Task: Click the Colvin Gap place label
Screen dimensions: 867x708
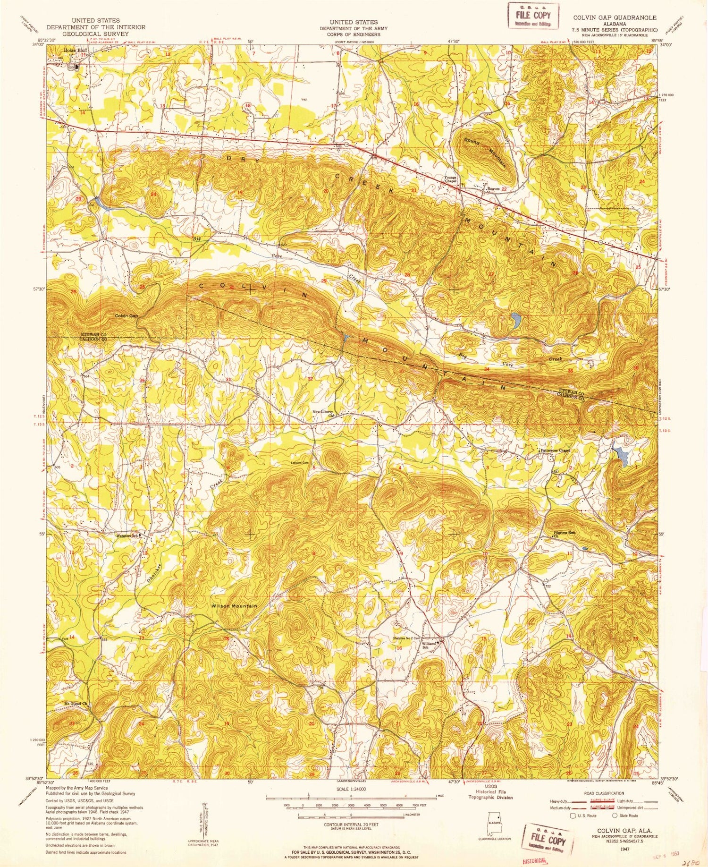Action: pos(126,315)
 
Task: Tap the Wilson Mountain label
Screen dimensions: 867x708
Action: pos(234,606)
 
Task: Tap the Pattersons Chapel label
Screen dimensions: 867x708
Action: pos(555,450)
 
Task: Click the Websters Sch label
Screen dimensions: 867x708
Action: pos(127,535)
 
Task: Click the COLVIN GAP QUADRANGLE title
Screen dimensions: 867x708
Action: pos(614,17)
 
